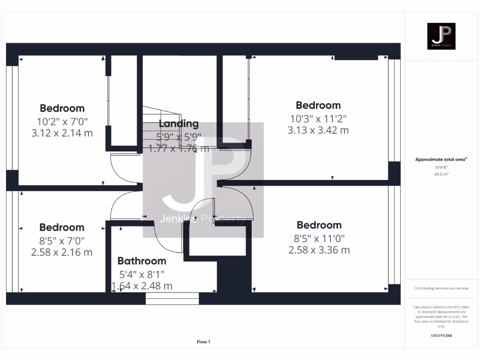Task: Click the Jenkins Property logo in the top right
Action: [x=441, y=36]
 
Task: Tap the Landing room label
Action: [x=179, y=124]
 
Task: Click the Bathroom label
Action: [x=142, y=261]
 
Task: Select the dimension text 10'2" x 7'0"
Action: [x=62, y=121]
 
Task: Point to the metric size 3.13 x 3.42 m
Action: [x=318, y=130]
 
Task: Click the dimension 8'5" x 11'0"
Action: [x=319, y=238]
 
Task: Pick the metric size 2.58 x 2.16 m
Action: [x=62, y=252]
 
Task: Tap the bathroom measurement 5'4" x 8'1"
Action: [x=142, y=274]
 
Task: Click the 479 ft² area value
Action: [x=441, y=167]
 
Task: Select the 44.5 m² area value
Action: [x=441, y=174]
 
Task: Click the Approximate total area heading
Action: [x=441, y=159]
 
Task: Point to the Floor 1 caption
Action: [x=203, y=342]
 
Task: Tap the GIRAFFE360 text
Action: [x=441, y=336]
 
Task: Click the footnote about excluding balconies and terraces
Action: [x=441, y=288]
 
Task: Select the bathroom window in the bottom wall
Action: [x=172, y=298]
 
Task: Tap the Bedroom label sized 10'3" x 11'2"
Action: [x=318, y=105]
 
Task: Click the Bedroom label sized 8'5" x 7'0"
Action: [x=62, y=228]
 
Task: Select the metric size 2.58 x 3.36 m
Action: [x=319, y=250]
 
